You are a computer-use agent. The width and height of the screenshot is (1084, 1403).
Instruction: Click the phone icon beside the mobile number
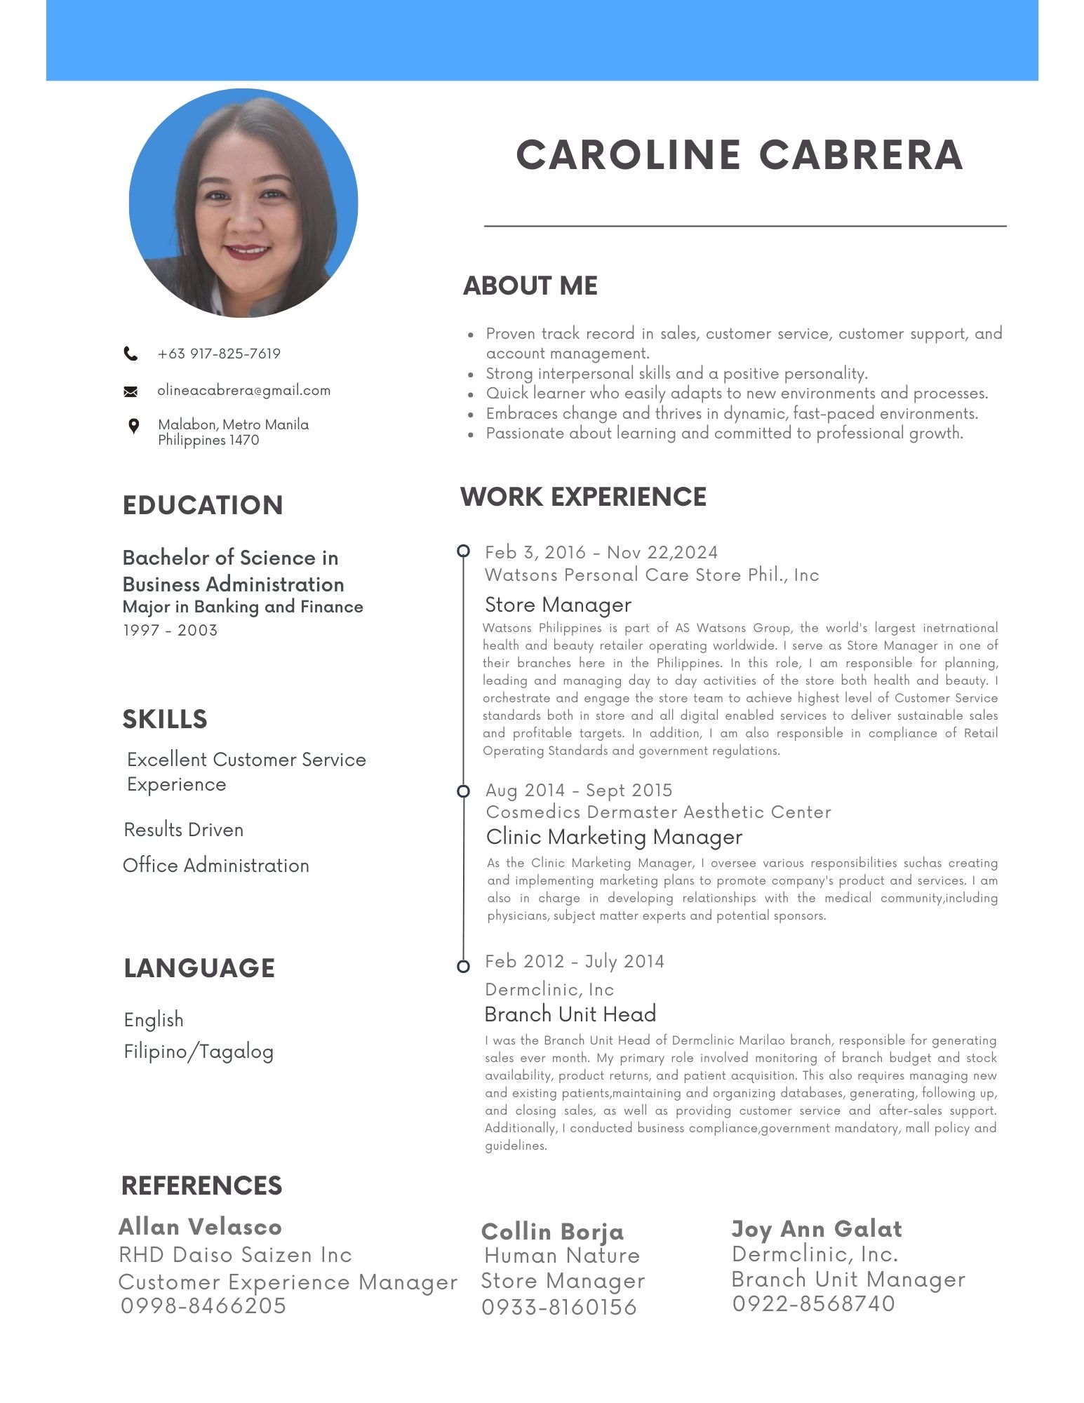click(x=131, y=354)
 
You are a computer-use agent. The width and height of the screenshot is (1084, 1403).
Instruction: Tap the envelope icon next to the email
click(x=131, y=391)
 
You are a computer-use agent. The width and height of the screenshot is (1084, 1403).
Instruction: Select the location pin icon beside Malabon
click(x=133, y=426)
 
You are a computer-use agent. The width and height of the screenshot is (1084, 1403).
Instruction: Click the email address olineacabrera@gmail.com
click(x=243, y=390)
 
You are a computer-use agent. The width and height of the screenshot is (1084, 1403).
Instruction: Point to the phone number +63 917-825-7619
click(x=219, y=354)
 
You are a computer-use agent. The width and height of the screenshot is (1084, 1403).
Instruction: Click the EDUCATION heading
click(x=203, y=505)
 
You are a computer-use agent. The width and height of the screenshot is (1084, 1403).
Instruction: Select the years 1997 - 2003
click(x=170, y=630)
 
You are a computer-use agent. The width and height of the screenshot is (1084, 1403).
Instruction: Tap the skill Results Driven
click(x=184, y=830)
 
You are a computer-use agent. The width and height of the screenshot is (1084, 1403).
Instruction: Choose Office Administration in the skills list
click(x=216, y=866)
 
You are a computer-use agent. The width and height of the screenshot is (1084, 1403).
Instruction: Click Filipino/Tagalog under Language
click(x=199, y=1052)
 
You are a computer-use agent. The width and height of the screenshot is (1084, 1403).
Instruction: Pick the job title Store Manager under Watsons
click(x=558, y=605)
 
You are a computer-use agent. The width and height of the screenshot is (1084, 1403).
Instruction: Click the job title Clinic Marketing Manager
click(x=614, y=837)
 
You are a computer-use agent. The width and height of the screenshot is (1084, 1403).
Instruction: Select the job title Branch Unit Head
click(x=570, y=1014)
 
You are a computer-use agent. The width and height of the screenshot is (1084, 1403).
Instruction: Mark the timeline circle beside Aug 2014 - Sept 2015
click(x=463, y=791)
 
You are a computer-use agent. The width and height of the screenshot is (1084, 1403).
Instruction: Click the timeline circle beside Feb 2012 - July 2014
click(x=463, y=967)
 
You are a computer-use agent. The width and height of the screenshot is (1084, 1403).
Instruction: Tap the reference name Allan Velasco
click(x=201, y=1227)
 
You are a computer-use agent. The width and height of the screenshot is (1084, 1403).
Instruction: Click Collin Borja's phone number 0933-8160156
click(x=559, y=1307)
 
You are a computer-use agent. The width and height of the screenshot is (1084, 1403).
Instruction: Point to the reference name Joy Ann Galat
click(x=817, y=1229)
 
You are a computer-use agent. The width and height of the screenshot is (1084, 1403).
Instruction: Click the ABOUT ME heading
click(x=530, y=286)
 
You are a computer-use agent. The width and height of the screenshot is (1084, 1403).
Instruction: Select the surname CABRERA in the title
click(x=861, y=155)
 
